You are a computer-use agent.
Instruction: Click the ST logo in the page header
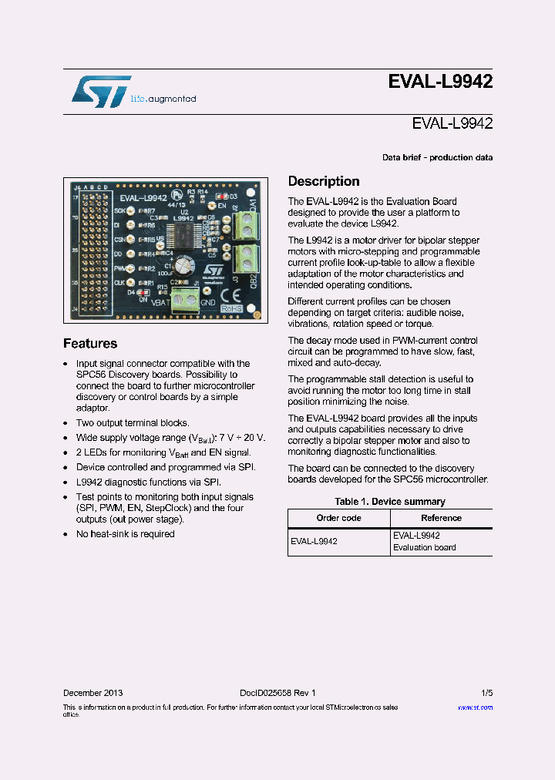tap(101, 91)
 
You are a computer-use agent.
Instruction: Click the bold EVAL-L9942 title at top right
tap(440, 82)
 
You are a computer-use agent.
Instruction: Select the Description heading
tap(324, 182)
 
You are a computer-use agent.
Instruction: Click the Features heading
tap(90, 344)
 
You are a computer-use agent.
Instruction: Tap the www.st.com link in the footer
tap(475, 707)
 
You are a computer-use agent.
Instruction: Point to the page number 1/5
tap(486, 693)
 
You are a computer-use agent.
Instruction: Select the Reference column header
tap(441, 518)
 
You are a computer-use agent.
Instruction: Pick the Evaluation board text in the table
tap(424, 547)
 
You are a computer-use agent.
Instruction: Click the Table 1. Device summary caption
tap(389, 502)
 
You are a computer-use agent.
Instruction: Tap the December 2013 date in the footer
tap(92, 693)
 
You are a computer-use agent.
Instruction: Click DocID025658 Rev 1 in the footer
tap(272, 693)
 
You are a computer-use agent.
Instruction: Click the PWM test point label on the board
tap(120, 268)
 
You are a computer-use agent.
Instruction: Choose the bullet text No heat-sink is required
tap(125, 533)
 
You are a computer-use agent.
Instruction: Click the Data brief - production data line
tap(437, 157)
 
